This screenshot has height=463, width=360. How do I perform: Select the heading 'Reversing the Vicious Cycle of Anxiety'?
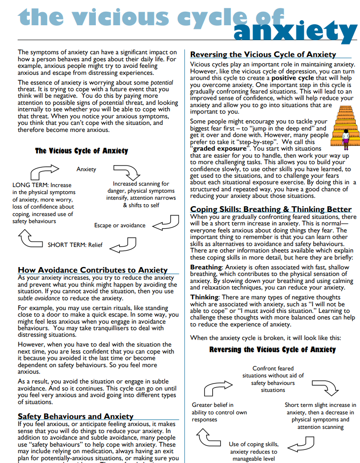[263, 54]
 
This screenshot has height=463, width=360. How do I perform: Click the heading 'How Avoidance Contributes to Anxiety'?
[93, 270]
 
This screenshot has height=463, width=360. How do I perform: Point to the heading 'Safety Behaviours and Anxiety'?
[75, 416]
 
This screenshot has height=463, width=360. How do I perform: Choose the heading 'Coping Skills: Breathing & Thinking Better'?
[271, 209]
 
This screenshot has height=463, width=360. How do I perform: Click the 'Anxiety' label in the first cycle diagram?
[86, 169]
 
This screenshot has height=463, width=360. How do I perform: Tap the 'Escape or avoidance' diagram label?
[120, 225]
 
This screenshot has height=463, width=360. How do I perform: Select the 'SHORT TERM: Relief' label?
[75, 245]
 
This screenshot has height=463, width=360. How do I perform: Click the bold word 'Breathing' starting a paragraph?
[206, 267]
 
